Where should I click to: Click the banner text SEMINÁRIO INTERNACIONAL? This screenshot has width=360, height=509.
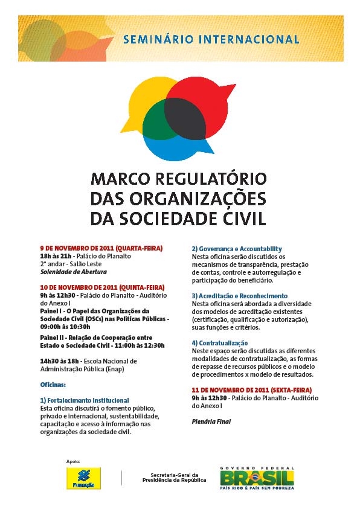pyautogui.click(x=211, y=40)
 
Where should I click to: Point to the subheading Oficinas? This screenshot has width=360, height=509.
pyautogui.click(x=53, y=384)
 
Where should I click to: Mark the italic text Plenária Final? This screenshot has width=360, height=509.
pyautogui.click(x=211, y=421)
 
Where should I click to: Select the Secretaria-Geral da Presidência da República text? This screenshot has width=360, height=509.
pyautogui.click(x=174, y=478)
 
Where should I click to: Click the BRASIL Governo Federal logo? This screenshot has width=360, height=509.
pyautogui.click(x=257, y=477)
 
